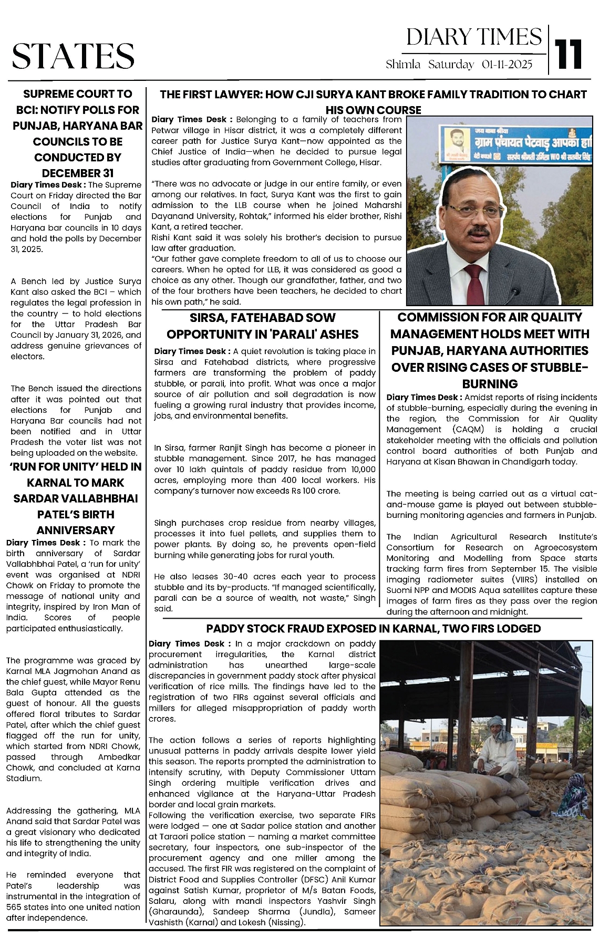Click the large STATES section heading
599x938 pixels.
[73, 56]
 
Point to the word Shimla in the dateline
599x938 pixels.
[403, 65]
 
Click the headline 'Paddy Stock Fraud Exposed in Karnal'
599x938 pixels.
[373, 629]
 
